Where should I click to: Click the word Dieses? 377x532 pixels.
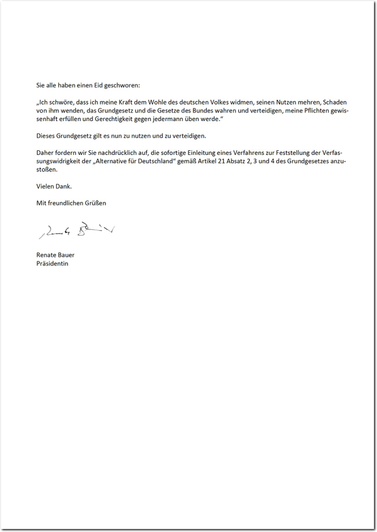46,136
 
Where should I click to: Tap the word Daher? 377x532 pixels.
45,153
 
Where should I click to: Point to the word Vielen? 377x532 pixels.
46,186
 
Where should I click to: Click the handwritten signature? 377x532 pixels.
76,231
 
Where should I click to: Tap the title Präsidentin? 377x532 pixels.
52,263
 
